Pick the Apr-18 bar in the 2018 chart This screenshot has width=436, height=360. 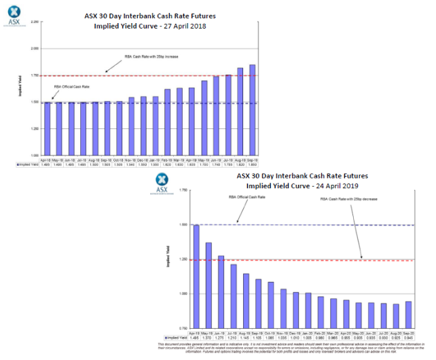(46, 128)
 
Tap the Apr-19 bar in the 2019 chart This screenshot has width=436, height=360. (196, 276)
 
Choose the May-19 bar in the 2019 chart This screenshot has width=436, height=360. (208, 285)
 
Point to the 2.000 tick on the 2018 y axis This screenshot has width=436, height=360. (34, 49)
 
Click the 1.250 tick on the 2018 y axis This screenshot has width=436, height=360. (34, 128)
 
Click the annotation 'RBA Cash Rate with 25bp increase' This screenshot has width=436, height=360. (151, 56)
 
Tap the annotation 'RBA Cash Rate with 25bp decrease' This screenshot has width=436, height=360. (348, 199)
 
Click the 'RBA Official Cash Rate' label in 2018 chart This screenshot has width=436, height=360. (71, 87)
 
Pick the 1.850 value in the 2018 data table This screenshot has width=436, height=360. (253, 164)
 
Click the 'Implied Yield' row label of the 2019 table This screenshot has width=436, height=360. (177, 337)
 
